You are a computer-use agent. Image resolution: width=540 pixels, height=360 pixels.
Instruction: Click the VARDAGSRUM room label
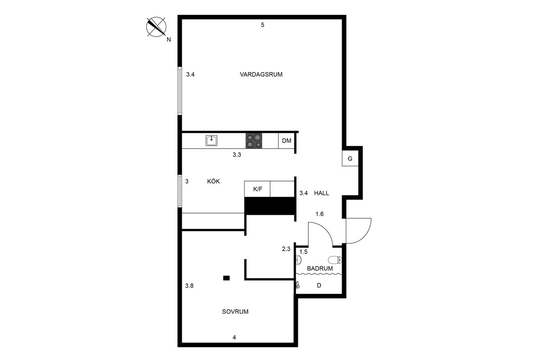261,75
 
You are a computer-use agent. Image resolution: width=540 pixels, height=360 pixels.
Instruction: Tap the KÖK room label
213,181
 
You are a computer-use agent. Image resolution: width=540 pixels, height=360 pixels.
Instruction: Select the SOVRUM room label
235,312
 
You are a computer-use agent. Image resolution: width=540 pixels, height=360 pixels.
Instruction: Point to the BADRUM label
320,268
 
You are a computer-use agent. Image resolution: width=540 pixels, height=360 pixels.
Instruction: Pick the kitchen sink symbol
211,140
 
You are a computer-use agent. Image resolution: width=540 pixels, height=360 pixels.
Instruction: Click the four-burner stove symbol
254,141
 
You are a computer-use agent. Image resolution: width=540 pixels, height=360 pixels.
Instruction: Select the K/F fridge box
257,189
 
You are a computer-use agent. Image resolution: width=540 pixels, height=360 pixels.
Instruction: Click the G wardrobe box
350,159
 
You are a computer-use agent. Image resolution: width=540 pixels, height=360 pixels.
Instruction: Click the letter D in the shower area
319,285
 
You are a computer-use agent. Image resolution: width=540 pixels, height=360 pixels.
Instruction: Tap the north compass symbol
156,27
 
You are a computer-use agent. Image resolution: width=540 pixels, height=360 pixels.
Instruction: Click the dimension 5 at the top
262,25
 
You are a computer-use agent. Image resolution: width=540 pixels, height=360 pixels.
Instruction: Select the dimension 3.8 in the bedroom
189,286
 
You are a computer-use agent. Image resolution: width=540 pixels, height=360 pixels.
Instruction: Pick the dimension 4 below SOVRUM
234,337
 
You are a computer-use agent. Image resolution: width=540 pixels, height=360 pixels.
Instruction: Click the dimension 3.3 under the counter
237,155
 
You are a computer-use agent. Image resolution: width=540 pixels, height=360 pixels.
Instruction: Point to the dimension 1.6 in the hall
319,214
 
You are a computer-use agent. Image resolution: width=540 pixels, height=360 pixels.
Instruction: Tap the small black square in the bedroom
226,278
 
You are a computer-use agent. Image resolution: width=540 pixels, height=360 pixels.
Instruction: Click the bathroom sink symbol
299,260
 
